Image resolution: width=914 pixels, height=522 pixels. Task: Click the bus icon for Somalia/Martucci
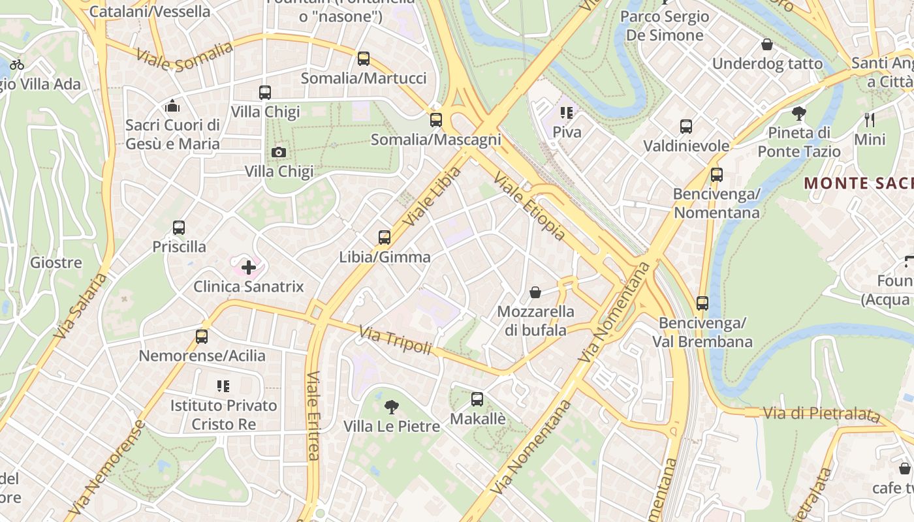364,59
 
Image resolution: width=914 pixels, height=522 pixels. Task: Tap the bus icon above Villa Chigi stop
264,93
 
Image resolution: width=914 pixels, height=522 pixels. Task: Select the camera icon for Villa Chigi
279,153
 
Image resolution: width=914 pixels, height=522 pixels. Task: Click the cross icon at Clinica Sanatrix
249,267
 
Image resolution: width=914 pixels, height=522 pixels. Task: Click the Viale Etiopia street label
529,206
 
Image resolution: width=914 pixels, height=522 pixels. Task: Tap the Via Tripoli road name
395,341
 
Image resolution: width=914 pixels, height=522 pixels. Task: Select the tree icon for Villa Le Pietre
391,408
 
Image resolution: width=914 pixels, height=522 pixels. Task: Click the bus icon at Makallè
477,399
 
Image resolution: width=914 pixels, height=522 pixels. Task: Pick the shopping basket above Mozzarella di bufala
535,292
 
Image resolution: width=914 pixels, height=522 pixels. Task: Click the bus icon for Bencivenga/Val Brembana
702,303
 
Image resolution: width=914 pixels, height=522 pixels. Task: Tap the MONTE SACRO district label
859,183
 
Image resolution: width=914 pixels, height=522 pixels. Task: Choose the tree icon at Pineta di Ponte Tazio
798,114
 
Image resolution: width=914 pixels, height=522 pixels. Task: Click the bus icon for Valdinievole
686,127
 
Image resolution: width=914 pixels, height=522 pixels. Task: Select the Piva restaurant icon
567,113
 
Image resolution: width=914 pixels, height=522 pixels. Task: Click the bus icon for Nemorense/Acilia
202,337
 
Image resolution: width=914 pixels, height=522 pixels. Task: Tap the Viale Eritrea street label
313,416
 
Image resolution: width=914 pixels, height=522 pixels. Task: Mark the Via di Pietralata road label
821,413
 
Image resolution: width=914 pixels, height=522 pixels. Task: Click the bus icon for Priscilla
179,228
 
